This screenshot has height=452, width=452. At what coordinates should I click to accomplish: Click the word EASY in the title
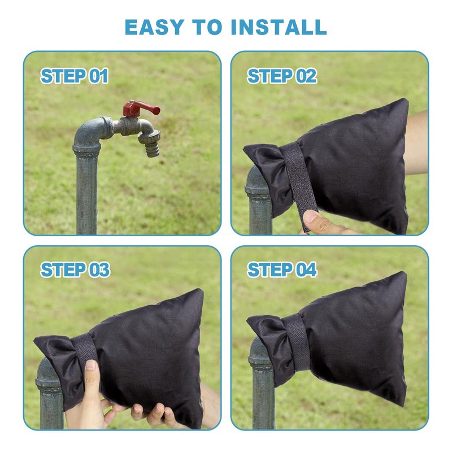point(154,27)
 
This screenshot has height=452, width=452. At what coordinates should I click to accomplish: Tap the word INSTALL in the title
point(279,27)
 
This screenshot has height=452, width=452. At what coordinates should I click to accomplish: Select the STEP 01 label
point(75,76)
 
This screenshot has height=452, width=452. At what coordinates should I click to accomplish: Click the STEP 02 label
point(282,76)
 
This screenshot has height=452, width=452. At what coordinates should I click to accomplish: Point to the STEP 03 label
point(75,270)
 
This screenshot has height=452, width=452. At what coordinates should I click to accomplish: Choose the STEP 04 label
point(282,270)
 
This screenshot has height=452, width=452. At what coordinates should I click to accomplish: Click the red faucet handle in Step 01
point(141,108)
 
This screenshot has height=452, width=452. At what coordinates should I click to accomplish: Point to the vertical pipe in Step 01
point(86,194)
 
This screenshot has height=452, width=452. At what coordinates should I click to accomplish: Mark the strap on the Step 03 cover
point(86,348)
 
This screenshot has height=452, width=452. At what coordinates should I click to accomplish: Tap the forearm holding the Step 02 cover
point(416,143)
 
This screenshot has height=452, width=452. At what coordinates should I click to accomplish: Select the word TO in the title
point(207,27)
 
